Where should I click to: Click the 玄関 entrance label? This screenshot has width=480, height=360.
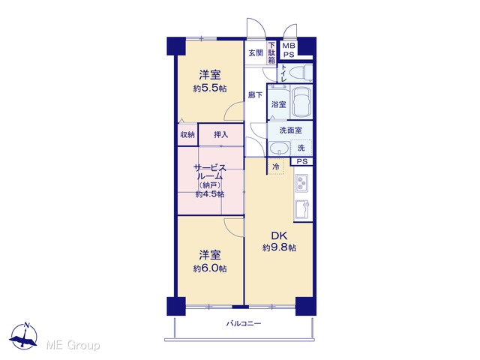255,52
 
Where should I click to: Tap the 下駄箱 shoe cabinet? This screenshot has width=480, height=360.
271,52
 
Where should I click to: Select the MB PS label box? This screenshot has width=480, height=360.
288,50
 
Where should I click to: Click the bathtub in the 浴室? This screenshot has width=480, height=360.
301,103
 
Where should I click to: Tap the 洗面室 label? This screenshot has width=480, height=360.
290,130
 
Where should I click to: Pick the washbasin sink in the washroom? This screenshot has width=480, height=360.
278,148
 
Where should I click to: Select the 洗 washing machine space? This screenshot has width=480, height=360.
301,148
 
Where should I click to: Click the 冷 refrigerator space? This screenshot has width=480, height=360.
276,166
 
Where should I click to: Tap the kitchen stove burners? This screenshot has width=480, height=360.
301,183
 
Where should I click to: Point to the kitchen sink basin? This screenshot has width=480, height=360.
301,209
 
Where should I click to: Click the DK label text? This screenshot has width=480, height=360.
279,235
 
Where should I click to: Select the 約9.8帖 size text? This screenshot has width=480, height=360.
279,247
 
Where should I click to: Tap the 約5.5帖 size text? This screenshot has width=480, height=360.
210,88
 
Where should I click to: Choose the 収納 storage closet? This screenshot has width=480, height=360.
187,134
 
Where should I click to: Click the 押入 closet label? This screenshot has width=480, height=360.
220,134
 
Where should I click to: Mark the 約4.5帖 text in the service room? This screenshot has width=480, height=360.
210,194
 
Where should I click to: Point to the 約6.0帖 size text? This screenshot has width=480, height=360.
210,268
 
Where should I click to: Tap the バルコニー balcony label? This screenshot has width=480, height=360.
244,323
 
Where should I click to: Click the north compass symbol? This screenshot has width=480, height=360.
24,336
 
